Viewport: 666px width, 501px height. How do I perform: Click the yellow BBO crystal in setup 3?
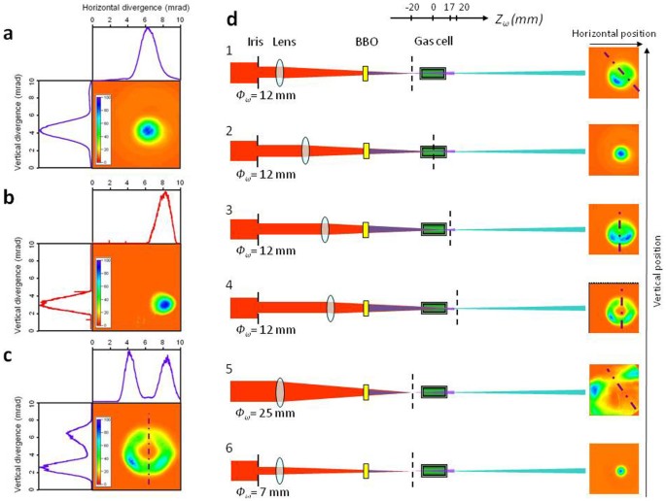coord(367,230)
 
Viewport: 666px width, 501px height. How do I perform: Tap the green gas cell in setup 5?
coord(434,392)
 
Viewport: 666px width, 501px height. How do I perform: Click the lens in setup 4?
coord(332,308)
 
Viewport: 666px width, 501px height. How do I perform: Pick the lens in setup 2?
coord(305,150)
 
